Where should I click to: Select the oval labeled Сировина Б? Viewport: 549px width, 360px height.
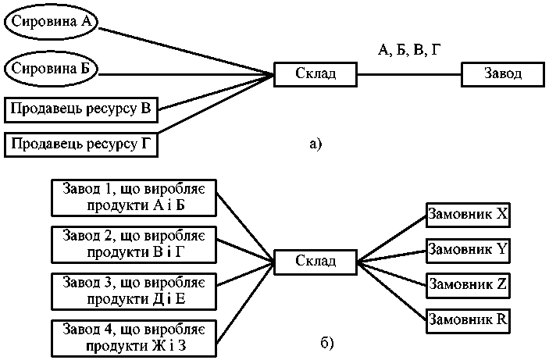tap(52, 70)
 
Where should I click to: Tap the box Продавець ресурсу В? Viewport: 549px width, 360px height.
tap(81, 109)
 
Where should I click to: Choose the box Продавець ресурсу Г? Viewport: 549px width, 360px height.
tap(81, 144)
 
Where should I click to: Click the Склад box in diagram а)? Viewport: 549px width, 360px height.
tap(315, 74)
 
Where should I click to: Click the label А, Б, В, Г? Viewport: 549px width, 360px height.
tap(409, 50)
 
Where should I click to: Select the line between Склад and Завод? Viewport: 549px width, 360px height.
tap(409, 75)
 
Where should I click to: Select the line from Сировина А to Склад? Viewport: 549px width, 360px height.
tap(187, 48)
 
